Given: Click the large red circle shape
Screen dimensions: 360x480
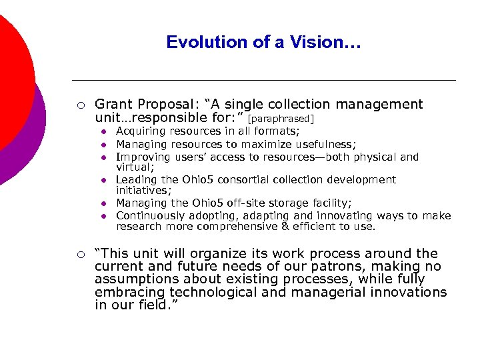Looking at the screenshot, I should pyautogui.click(x=10, y=80).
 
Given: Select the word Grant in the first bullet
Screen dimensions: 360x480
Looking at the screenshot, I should pyautogui.click(x=113, y=105).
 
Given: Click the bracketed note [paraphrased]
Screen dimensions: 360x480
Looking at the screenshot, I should pyautogui.click(x=280, y=119).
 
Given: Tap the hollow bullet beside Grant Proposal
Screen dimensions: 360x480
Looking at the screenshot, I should pyautogui.click(x=79, y=105).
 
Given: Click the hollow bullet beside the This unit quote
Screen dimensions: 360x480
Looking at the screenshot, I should pyautogui.click(x=79, y=254).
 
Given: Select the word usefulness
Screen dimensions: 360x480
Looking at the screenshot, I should pyautogui.click(x=324, y=145).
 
